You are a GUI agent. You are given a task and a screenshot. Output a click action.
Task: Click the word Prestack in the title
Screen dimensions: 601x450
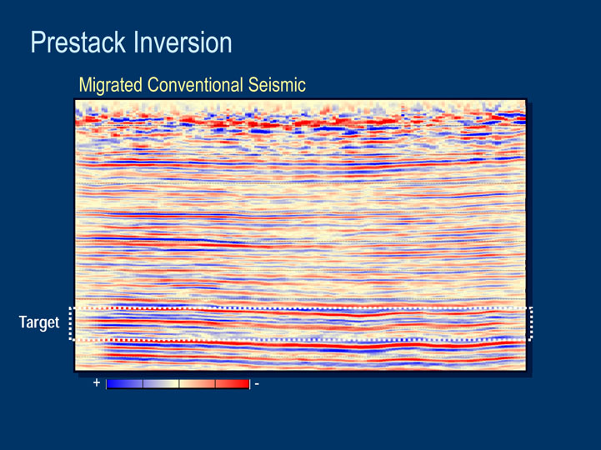(78, 43)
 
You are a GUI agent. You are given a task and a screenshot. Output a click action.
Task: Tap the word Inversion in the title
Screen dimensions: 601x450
(183, 42)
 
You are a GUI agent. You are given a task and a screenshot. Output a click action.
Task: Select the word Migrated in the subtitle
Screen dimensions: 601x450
(110, 86)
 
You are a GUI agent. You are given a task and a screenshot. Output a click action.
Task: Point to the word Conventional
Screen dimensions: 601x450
(195, 85)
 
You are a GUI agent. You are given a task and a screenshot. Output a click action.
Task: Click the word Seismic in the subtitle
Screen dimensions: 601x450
(277, 85)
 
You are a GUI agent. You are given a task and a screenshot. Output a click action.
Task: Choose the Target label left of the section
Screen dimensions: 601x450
(39, 322)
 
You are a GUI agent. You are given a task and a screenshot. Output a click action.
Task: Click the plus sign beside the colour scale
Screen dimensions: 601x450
(97, 382)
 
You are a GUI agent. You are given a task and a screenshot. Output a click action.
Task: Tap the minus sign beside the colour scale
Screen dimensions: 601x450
(257, 383)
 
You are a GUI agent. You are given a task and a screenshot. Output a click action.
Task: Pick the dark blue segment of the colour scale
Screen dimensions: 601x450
(124, 384)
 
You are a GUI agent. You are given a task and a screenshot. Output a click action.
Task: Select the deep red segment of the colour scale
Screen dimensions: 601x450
(233, 384)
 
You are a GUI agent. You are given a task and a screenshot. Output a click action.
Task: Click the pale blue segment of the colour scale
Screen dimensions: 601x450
(161, 384)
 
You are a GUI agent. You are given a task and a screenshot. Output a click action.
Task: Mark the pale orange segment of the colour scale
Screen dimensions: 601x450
(197, 384)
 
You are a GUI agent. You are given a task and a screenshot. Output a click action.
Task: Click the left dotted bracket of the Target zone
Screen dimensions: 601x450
(71, 323)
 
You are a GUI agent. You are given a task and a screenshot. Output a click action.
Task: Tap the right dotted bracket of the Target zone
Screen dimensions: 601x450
(531, 323)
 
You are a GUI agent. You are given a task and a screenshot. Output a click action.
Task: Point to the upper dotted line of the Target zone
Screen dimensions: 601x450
(301, 308)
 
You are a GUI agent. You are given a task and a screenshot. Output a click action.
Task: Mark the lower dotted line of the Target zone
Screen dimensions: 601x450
(301, 340)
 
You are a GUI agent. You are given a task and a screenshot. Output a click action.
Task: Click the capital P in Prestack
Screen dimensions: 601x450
(37, 42)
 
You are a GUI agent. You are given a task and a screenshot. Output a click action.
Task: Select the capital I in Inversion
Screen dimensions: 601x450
(136, 42)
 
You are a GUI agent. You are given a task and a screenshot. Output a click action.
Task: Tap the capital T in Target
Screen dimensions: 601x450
(23, 322)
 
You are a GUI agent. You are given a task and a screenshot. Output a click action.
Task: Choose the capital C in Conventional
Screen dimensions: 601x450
(153, 85)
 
